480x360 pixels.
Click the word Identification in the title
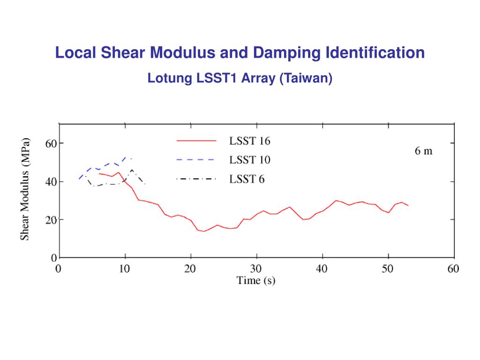375,52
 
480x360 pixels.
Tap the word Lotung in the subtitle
169,78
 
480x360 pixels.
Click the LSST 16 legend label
249,141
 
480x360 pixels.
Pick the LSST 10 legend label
249,160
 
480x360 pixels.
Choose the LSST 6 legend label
247,179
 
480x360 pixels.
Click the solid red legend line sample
196,141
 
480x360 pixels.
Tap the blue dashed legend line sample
196,160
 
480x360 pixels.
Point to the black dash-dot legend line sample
196,179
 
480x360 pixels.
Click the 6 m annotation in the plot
424,151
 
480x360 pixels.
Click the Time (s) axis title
256,281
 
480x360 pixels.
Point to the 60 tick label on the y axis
51,143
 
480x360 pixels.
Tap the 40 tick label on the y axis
51,181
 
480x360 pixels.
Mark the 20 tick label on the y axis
51,219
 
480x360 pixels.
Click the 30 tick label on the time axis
256,269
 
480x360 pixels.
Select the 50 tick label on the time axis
388,269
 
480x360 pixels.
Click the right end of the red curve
408,206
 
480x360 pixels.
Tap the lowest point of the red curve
204,231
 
